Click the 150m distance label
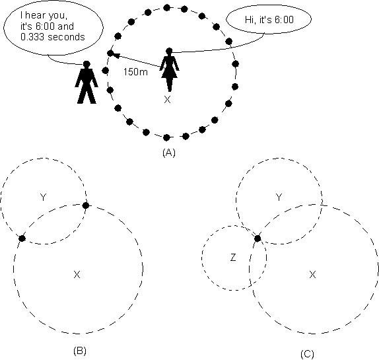pyautogui.click(x=135, y=72)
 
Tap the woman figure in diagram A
pyautogui.click(x=170, y=70)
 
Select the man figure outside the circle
pyautogui.click(x=86, y=82)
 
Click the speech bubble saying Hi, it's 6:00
pyautogui.click(x=269, y=19)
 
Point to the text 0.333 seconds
pyautogui.click(x=53, y=37)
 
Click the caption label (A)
pyautogui.click(x=169, y=153)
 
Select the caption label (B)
pyautogui.click(x=79, y=351)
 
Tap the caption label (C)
pyautogui.click(x=307, y=354)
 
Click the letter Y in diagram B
pyautogui.click(x=43, y=198)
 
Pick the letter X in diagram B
pyautogui.click(x=77, y=275)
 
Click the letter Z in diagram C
pyautogui.click(x=233, y=258)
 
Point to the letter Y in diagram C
pyautogui.click(x=279, y=198)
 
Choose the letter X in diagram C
pyautogui.click(x=312, y=275)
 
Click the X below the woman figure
pyautogui.click(x=167, y=100)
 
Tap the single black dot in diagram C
pyautogui.click(x=258, y=238)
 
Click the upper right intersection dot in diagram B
pyautogui.click(x=86, y=205)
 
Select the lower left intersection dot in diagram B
pyautogui.click(x=22, y=238)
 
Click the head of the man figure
pyautogui.click(x=86, y=64)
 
